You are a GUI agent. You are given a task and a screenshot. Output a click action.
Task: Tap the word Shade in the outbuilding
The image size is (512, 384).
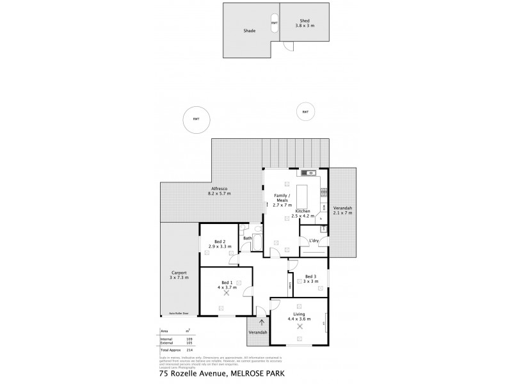point(249,30)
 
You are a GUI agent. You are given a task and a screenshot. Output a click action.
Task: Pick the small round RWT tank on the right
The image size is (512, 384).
point(305,113)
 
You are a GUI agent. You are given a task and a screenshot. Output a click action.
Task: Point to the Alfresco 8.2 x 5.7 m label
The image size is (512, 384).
point(219,191)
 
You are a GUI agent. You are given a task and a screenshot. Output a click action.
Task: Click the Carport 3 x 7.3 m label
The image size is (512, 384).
point(179,275)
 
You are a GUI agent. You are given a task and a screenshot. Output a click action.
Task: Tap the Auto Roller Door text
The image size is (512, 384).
point(179,313)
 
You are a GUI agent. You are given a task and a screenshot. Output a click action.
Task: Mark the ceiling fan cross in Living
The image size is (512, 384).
point(300,326)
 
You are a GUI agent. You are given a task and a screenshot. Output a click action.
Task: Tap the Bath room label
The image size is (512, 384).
point(247,239)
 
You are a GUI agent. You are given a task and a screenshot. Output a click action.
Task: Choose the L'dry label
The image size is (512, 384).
point(314,240)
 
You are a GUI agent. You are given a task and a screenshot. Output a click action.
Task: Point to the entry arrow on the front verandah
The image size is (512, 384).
point(261,322)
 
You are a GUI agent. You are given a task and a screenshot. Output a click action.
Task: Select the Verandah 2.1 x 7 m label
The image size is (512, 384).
point(342,211)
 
